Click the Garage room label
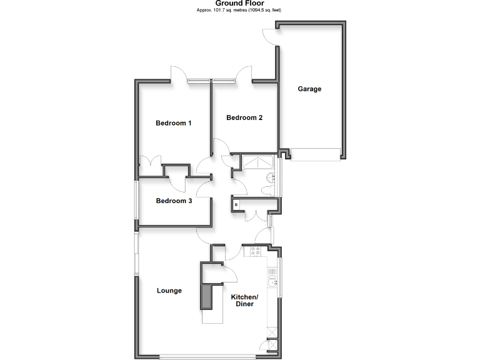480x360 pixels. pyautogui.click(x=309, y=89)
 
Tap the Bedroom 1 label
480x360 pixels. pyautogui.click(x=173, y=123)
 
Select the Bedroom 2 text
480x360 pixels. pyautogui.click(x=244, y=117)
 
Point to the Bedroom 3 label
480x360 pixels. pyautogui.click(x=174, y=201)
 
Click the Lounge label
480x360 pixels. pyautogui.click(x=169, y=291)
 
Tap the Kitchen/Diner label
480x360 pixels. pyautogui.click(x=242, y=301)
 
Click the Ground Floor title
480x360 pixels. pyautogui.click(x=239, y=4)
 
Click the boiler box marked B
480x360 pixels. pyautogui.click(x=236, y=204)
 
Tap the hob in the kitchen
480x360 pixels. pyautogui.click(x=255, y=251)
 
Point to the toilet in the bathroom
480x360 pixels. pyautogui.click(x=269, y=177)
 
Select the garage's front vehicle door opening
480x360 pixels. pyautogui.click(x=316, y=154)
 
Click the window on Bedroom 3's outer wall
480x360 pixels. pyautogui.click(x=136, y=199)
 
